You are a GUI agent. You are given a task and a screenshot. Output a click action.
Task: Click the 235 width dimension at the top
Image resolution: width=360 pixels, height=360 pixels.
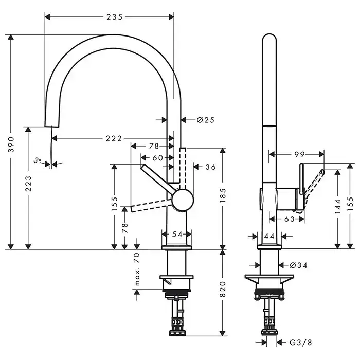pos(114,17)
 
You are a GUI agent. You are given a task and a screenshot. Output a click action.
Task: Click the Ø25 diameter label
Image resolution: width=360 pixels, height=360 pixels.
pos(205,120)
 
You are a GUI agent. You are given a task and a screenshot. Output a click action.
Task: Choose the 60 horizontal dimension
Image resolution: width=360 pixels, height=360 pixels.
pos(157,157)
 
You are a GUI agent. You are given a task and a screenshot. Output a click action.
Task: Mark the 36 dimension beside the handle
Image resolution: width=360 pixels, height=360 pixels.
pos(210,167)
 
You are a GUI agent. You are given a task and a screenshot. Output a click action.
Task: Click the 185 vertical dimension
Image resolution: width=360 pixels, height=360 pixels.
pos(223,196)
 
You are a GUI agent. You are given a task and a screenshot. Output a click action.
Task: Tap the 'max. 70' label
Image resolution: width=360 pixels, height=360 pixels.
pos(137,269)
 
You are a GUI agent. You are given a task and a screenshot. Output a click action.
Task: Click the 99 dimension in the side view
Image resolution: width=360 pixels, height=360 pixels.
pos(300,153)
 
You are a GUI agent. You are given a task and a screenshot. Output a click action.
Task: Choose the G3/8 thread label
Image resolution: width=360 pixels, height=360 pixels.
pos(299,342)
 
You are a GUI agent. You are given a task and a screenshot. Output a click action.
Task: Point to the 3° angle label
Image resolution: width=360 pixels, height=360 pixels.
pos(38,160)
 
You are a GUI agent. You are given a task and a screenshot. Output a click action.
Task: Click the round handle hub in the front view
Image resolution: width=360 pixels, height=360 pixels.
pos(182,199)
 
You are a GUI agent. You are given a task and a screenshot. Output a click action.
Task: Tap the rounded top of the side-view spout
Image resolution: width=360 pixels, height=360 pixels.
pos(269,39)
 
